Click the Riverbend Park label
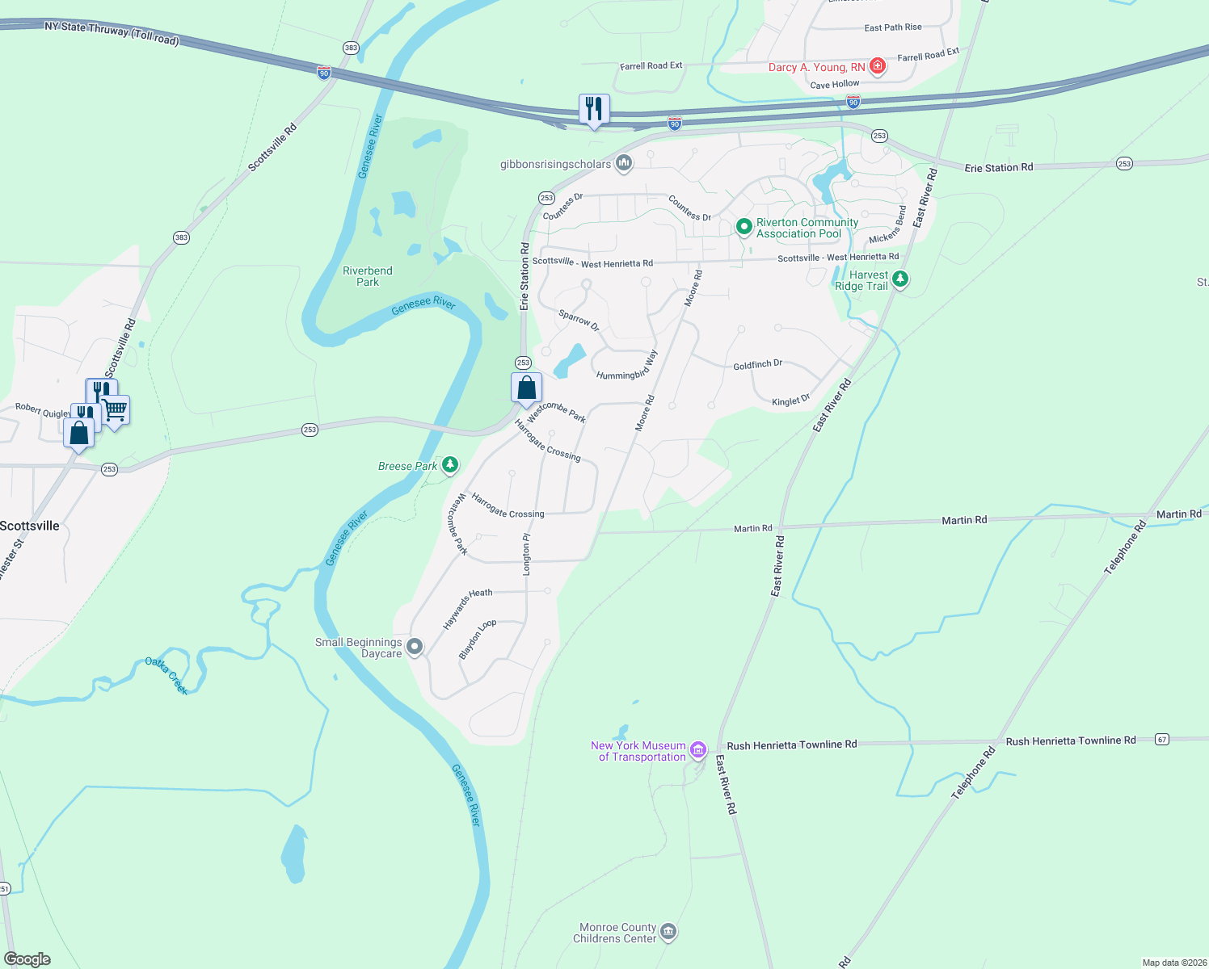[x=368, y=276]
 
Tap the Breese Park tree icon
[x=450, y=465]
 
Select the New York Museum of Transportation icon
[x=698, y=750]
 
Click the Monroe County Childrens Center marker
[x=668, y=932]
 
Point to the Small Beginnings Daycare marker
[x=415, y=647]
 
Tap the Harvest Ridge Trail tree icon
[x=899, y=279]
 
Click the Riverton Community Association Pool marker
[x=744, y=227]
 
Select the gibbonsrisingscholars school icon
[x=623, y=164]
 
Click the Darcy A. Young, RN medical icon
[x=877, y=67]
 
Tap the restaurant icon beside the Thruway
[x=594, y=109]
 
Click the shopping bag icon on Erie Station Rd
[x=526, y=388]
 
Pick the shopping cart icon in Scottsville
[x=115, y=410]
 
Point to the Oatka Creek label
[x=167, y=675]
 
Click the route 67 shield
[x=1161, y=739]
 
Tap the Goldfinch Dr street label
[x=757, y=365]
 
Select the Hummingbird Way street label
[x=627, y=365]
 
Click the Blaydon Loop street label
[x=477, y=639]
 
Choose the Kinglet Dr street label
[x=790, y=401]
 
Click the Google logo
[x=27, y=959]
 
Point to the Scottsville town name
[x=30, y=526]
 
